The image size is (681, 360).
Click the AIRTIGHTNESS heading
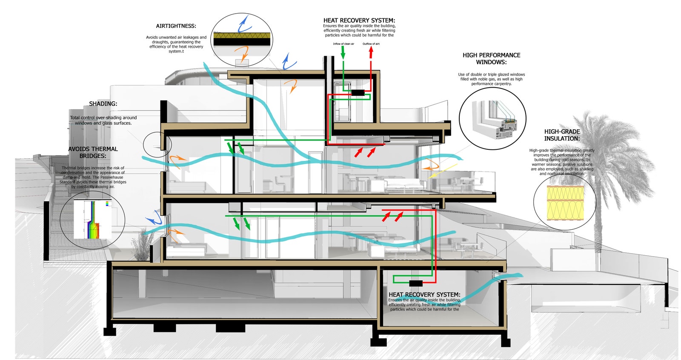176,26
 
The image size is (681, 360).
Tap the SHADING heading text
103,104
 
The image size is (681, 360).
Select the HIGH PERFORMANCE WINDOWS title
491,59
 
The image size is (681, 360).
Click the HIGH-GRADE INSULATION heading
562,135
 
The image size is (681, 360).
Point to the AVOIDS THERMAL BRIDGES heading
93,152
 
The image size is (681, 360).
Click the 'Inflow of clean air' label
343,44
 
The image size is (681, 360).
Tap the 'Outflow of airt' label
371,44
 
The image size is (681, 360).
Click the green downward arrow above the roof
343,53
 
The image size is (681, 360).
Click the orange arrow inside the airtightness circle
242,53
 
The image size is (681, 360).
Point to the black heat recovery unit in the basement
415,283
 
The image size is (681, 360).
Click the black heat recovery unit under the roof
358,92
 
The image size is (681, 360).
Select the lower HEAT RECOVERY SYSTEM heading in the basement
424,294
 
